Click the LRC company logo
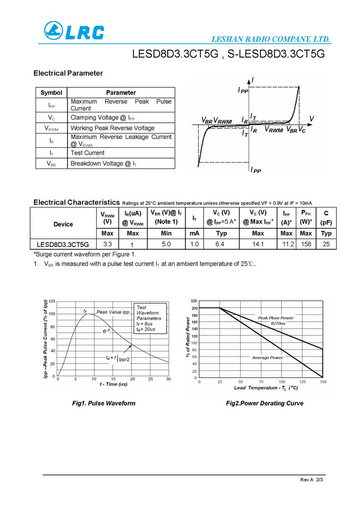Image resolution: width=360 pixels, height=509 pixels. coord(74,32)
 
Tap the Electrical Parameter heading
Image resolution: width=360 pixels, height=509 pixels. coord(68,73)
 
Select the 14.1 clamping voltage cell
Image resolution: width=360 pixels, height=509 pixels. coord(258,244)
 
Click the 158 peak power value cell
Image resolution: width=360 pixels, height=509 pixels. coord(306,244)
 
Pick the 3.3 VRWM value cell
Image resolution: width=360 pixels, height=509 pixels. coord(108,244)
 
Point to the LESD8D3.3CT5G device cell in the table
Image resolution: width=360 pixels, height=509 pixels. coord(63,244)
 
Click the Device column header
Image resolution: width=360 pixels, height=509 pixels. coord(63,224)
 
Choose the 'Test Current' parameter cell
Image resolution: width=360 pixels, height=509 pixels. coord(87,153)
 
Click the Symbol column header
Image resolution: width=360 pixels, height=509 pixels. coord(51,93)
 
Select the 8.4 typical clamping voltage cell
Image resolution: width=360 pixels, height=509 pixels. coord(221,244)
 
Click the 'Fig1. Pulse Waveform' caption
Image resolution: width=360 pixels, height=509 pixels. coord(104,403)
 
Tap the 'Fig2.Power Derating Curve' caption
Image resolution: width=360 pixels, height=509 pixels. coord(264,403)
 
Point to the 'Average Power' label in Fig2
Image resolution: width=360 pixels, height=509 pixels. coord(268,357)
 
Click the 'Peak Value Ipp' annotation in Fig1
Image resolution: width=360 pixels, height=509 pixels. coord(113,312)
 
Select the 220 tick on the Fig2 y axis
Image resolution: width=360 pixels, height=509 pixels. coord(193,301)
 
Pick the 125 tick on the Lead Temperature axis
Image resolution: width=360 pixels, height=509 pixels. coord(302,382)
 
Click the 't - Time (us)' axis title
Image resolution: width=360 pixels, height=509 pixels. coord(113,384)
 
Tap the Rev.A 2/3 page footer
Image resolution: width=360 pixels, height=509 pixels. coord(311,479)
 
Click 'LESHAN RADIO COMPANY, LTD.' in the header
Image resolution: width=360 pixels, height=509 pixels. coord(271,39)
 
